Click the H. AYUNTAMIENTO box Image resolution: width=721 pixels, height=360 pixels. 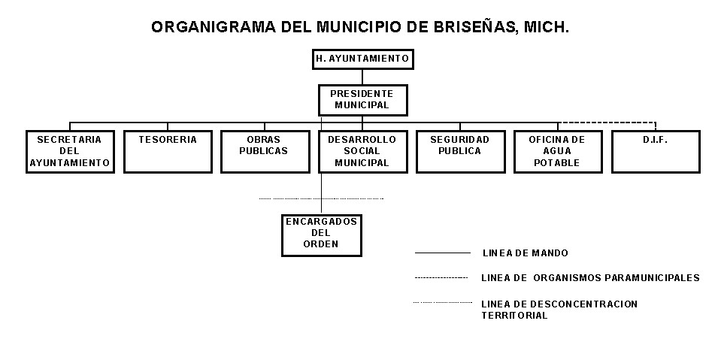click(x=362, y=59)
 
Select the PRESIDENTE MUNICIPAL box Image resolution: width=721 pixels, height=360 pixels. click(x=362, y=99)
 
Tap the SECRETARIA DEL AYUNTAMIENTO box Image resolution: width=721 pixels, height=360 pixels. click(x=70, y=151)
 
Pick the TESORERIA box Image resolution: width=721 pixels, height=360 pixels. click(x=168, y=151)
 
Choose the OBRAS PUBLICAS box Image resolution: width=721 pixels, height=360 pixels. click(x=264, y=151)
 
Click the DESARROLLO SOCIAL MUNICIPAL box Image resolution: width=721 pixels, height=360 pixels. click(x=362, y=151)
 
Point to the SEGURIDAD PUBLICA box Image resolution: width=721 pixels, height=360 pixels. click(x=459, y=151)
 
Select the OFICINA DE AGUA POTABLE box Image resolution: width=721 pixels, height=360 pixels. click(x=557, y=151)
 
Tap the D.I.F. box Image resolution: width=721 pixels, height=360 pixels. click(x=656, y=151)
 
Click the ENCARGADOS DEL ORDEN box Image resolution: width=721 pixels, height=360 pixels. click(x=321, y=234)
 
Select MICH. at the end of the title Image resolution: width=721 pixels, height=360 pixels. click(x=544, y=28)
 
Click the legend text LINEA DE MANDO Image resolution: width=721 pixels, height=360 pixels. click(x=525, y=253)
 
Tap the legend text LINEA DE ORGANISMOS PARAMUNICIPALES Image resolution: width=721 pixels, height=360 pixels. click(x=590, y=278)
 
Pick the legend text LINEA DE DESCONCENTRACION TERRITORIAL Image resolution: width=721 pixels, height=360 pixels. click(x=559, y=310)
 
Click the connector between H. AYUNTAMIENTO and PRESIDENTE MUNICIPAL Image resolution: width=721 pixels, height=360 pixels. click(x=362, y=77)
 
